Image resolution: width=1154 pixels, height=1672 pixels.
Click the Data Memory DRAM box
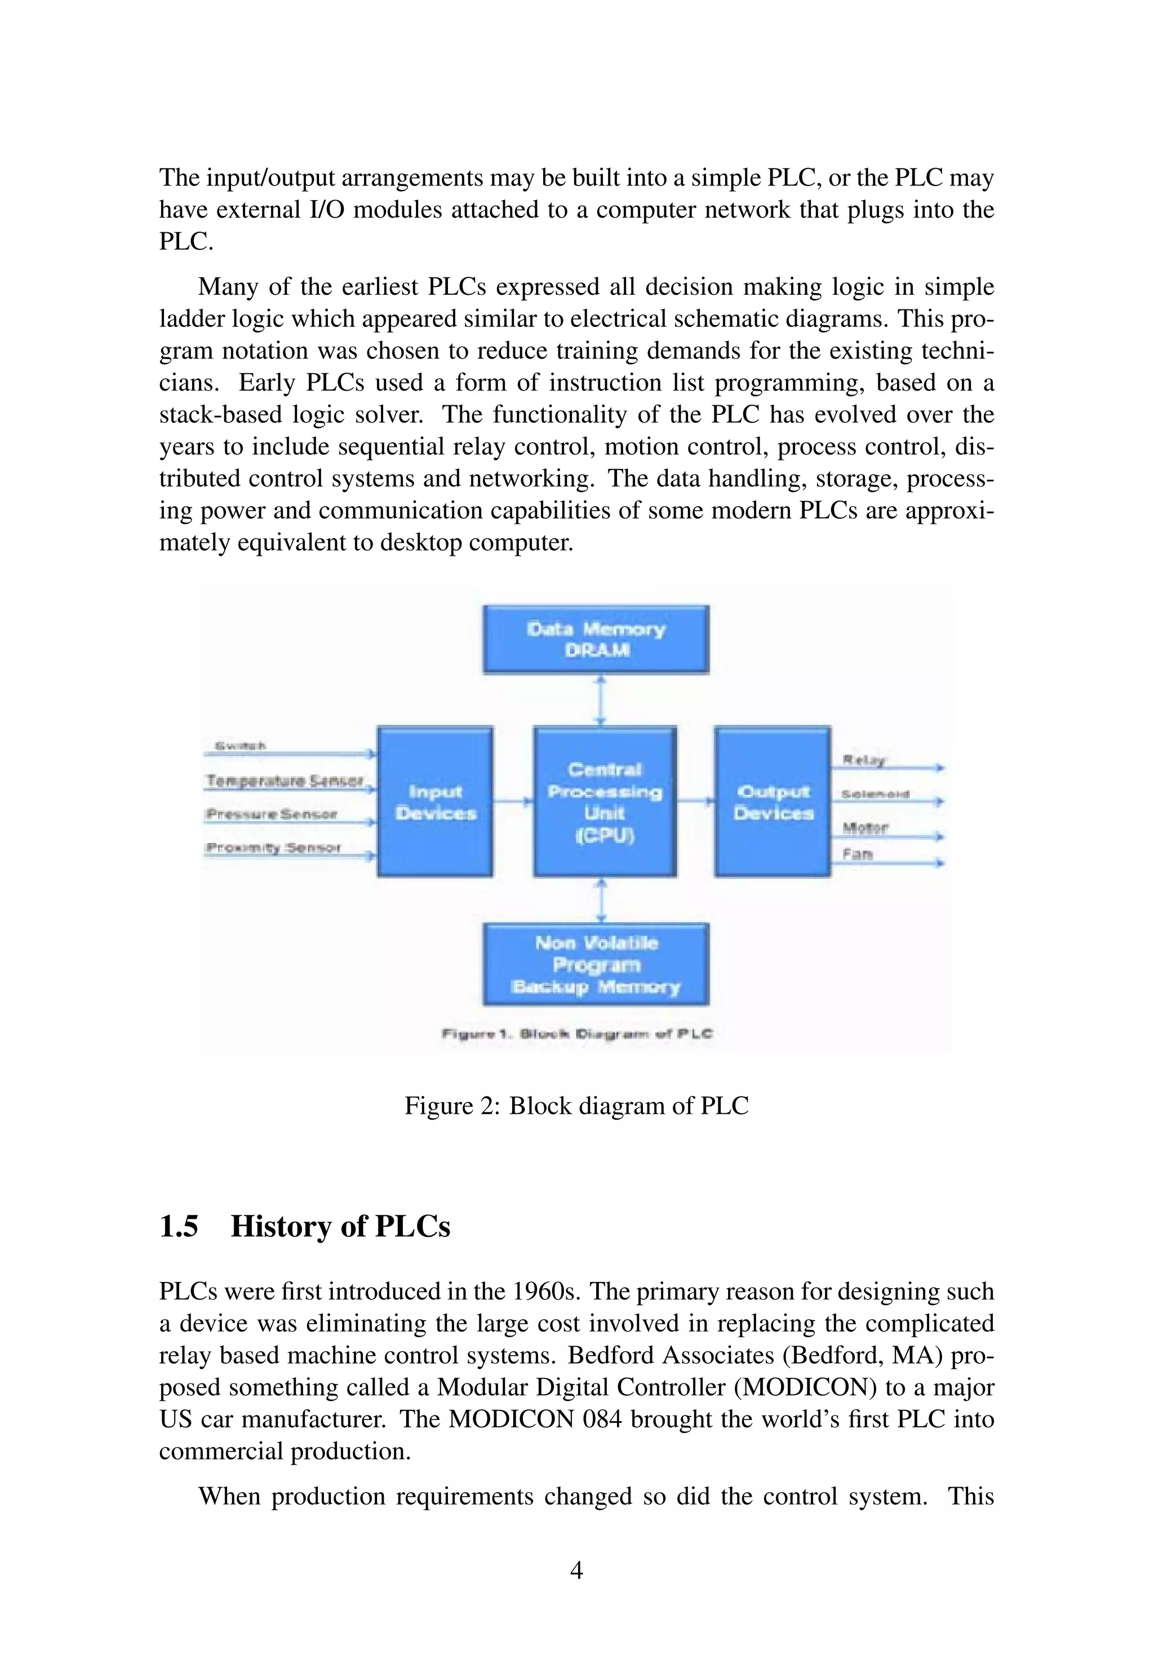pyautogui.click(x=596, y=639)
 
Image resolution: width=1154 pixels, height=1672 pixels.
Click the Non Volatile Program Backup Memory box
pyautogui.click(x=596, y=965)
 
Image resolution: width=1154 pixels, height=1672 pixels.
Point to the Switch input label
pyautogui.click(x=241, y=745)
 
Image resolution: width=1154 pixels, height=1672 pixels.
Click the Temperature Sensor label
pyautogui.click(x=284, y=780)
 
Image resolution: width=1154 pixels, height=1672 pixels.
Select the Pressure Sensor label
pyautogui.click(x=271, y=813)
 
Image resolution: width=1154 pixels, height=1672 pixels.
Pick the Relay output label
pyautogui.click(x=863, y=759)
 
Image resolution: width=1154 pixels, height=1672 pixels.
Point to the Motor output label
pyautogui.click(x=865, y=826)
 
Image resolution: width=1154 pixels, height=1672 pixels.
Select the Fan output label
pyautogui.click(x=858, y=854)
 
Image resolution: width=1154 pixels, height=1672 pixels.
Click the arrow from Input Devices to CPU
pyautogui.click(x=513, y=801)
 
